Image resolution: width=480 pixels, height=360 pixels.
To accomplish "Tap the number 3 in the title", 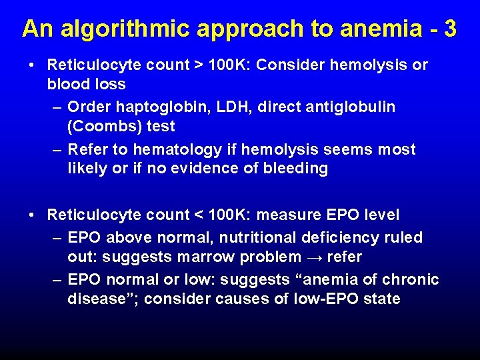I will click(x=450, y=29).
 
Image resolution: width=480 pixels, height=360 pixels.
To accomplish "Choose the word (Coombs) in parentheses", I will click(x=102, y=126).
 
